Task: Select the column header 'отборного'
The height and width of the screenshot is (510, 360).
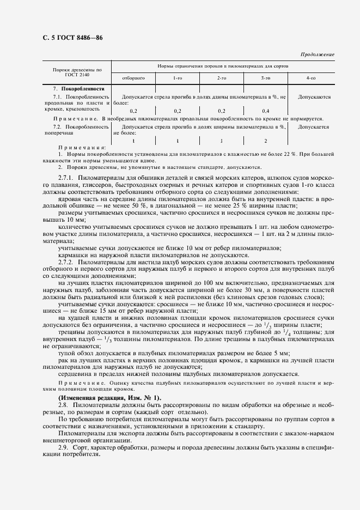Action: pos(133,78)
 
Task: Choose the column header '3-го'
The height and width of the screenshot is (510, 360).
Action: pos(266,78)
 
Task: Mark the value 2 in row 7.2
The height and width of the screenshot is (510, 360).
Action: pos(266,141)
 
